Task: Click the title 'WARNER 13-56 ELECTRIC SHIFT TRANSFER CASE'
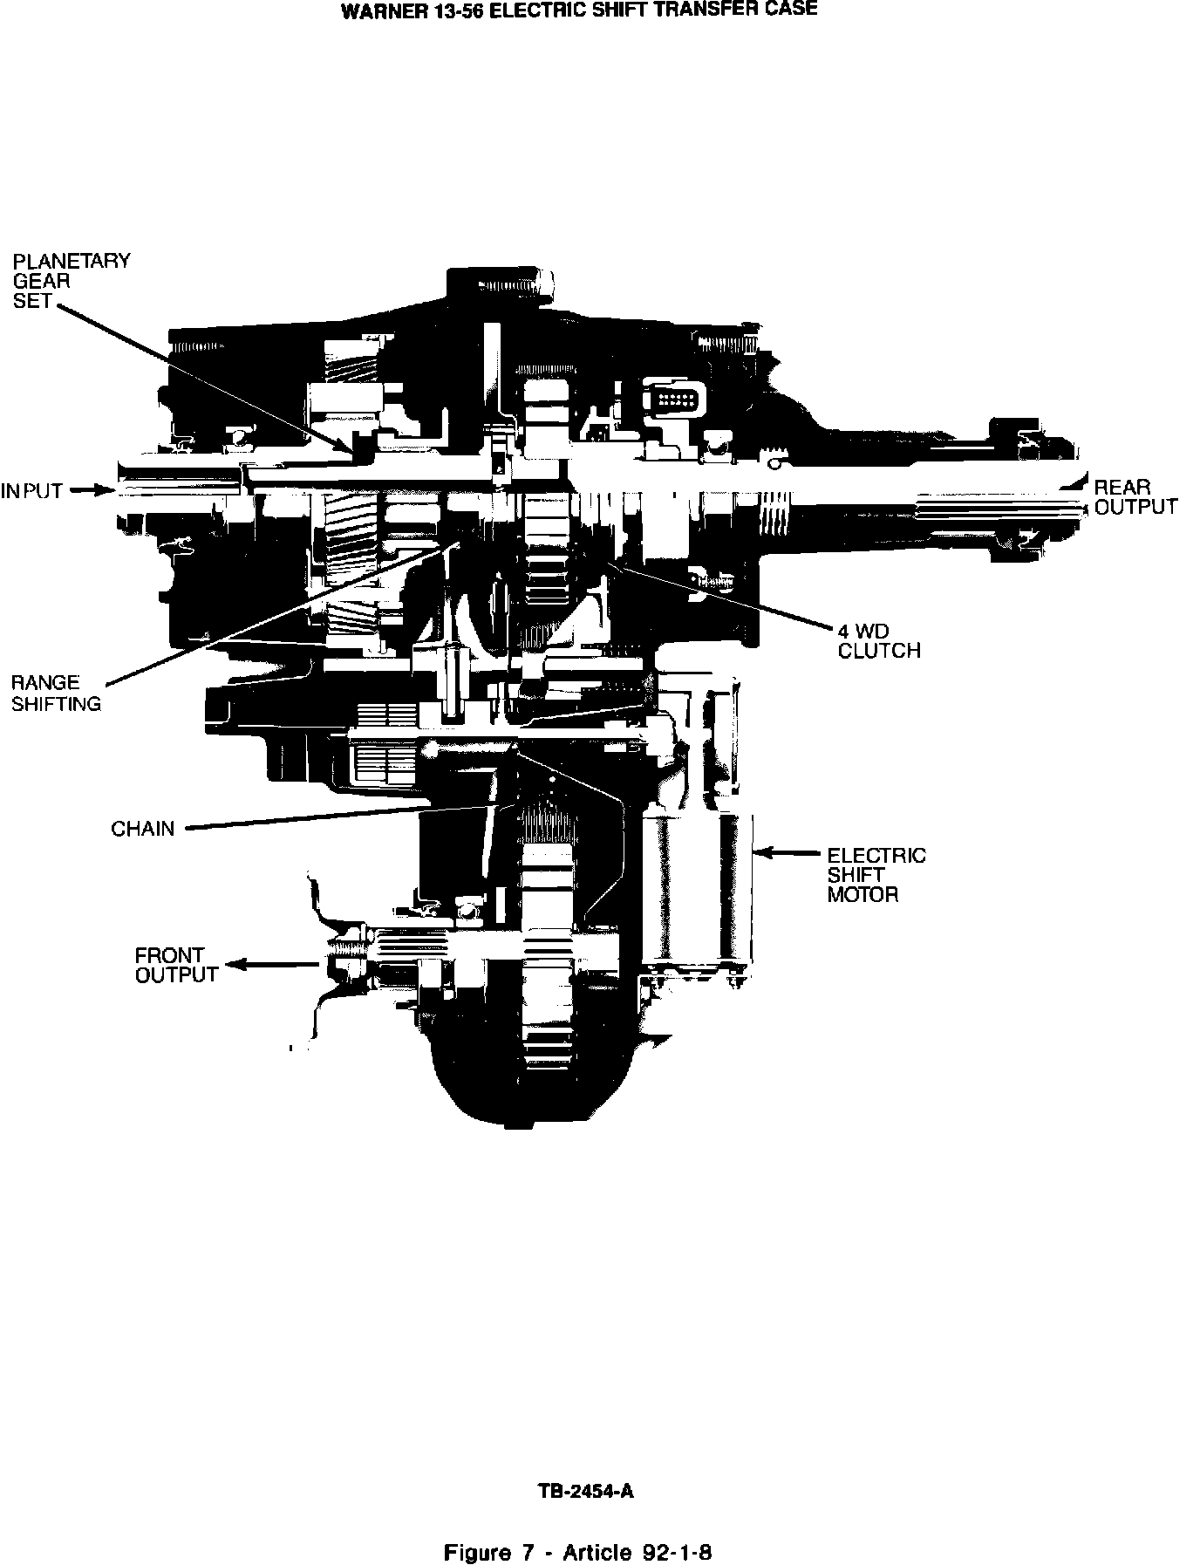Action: [x=578, y=11]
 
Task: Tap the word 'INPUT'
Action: [x=32, y=491]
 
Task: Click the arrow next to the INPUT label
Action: [x=90, y=491]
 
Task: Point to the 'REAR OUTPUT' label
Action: [x=1135, y=497]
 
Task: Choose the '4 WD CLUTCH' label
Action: [x=878, y=640]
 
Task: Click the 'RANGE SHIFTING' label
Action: [x=56, y=694]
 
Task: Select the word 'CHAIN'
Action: [x=142, y=829]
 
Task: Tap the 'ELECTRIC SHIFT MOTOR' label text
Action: [x=876, y=875]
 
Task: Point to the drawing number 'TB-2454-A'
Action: [x=585, y=1491]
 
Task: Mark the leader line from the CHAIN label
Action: [x=340, y=817]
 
